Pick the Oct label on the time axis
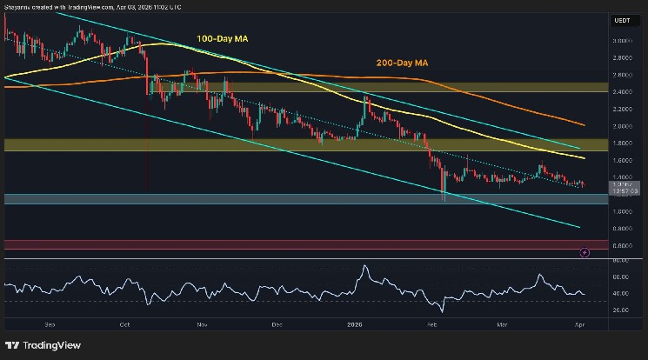click(x=125, y=323)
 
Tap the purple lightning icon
click(x=584, y=252)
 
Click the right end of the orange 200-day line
click(x=583, y=124)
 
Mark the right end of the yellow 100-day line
click(x=583, y=158)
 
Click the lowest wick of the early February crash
click(x=444, y=201)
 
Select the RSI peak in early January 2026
click(x=364, y=266)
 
